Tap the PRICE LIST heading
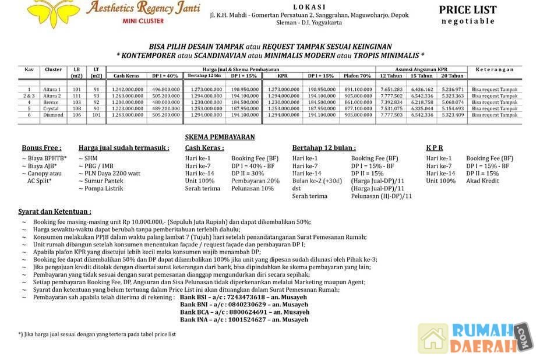click(x=468, y=10)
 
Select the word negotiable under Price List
click(x=468, y=21)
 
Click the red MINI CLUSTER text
click(x=143, y=21)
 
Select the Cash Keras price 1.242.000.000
click(x=128, y=89)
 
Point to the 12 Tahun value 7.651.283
click(x=391, y=89)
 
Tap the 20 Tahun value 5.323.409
click(x=453, y=115)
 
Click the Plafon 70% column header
click(x=357, y=76)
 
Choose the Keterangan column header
click(x=494, y=69)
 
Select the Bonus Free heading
click(x=41, y=148)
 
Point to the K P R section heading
click(x=435, y=148)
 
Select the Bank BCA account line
click(x=244, y=312)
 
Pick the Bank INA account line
click(x=244, y=320)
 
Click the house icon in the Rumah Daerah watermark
click(x=433, y=339)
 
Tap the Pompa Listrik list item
click(x=105, y=188)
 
